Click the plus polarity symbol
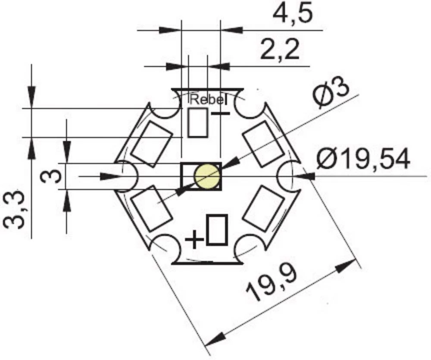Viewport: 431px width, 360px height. pyautogui.click(x=194, y=239)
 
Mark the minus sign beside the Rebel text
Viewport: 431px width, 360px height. pyautogui.click(x=221, y=114)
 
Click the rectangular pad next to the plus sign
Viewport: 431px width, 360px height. pyautogui.click(x=217, y=231)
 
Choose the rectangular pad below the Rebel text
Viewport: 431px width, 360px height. pyautogui.click(x=198, y=123)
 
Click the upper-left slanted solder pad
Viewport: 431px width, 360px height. pyautogui.click(x=152, y=144)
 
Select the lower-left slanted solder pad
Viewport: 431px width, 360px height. pyautogui.click(x=151, y=209)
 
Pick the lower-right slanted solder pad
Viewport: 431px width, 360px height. pyautogui.click(x=263, y=209)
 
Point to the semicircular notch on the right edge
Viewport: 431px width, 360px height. pyautogui.click(x=288, y=176)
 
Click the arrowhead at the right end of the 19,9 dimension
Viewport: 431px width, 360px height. pyautogui.click(x=347, y=264)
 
